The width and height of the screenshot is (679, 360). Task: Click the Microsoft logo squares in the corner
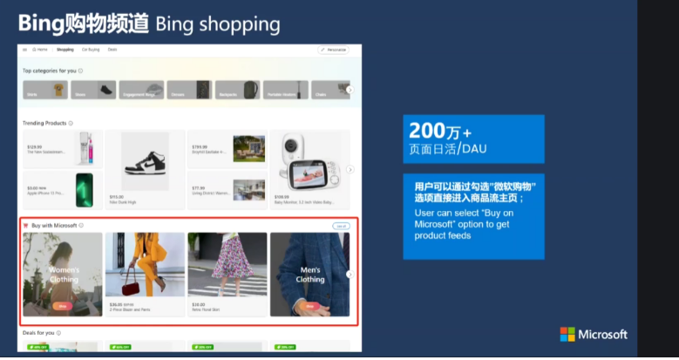567,335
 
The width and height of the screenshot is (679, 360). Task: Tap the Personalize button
332,51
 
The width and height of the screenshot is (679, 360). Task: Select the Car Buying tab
90,50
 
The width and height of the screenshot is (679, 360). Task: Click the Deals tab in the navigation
112,50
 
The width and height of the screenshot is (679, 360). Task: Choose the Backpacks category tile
238,89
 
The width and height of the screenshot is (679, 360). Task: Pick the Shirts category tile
46,89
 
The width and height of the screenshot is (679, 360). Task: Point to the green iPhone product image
85,191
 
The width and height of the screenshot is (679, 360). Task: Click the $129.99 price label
35,147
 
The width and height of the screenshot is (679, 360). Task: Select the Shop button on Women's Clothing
62,306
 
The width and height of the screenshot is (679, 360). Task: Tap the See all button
340,226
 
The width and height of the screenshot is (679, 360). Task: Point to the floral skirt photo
227,266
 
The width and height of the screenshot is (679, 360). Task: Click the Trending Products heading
45,123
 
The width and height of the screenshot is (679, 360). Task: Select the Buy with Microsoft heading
54,226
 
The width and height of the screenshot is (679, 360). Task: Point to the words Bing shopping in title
218,22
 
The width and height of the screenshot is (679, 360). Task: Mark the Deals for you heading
39,333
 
